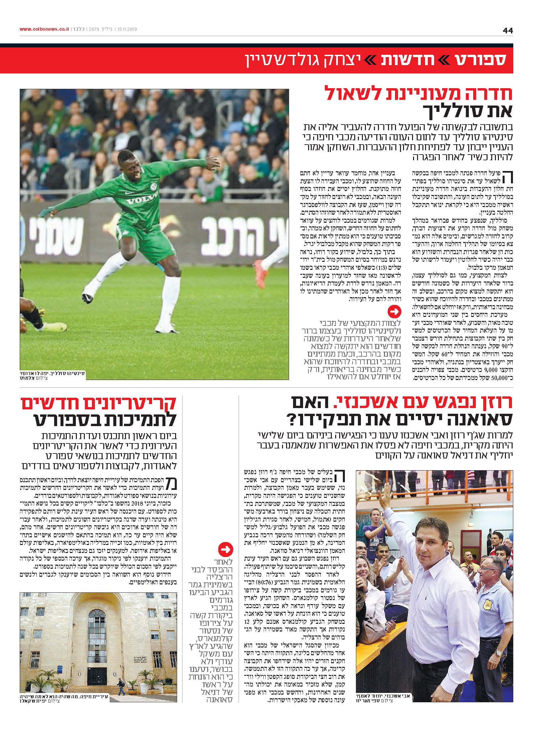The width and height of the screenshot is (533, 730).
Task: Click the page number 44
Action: click(x=507, y=30)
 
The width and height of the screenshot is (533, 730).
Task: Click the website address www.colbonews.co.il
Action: click(x=44, y=29)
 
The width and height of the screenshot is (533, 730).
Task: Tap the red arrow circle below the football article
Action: click(x=394, y=312)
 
